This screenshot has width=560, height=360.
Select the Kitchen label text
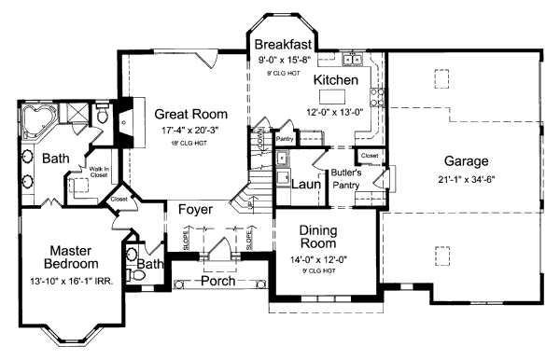click(335, 81)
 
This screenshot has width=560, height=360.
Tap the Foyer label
click(196, 210)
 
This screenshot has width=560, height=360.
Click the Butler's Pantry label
click(346, 178)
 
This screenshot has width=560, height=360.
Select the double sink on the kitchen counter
click(353, 62)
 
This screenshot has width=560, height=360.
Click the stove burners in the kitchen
click(379, 92)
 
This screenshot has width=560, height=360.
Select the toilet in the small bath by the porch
click(132, 254)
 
